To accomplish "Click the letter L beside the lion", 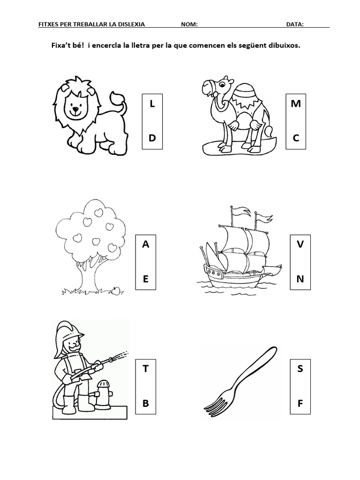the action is [152, 104].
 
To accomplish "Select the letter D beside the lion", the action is [152, 138].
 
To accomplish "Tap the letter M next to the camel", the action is [296, 104].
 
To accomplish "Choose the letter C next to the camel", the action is [296, 138].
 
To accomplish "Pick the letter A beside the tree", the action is [146, 244].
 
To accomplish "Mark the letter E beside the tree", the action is [146, 279].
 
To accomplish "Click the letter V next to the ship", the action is [300, 244].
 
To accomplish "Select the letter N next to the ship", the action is [300, 279].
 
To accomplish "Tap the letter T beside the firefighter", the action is [146, 368].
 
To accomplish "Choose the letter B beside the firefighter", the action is [146, 403].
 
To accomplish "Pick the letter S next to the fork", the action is [300, 368].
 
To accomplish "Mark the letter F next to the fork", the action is [300, 403].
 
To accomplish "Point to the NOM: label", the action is [189, 24].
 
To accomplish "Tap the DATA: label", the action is [295, 24].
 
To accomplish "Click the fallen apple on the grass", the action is [115, 291].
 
